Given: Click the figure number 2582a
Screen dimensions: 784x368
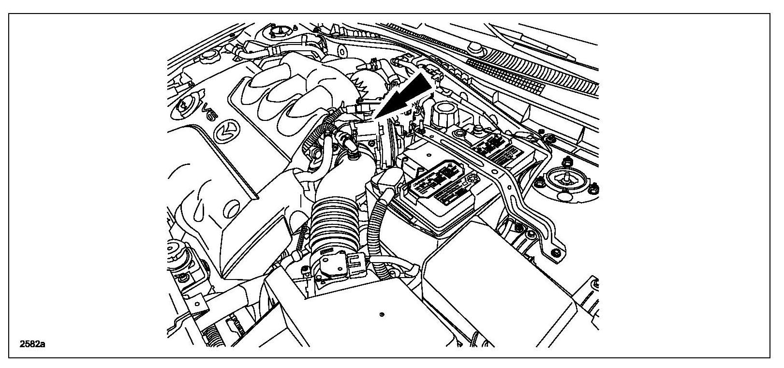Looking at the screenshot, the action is [x=32, y=345].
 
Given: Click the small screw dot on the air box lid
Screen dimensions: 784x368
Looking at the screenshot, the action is [x=382, y=315].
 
